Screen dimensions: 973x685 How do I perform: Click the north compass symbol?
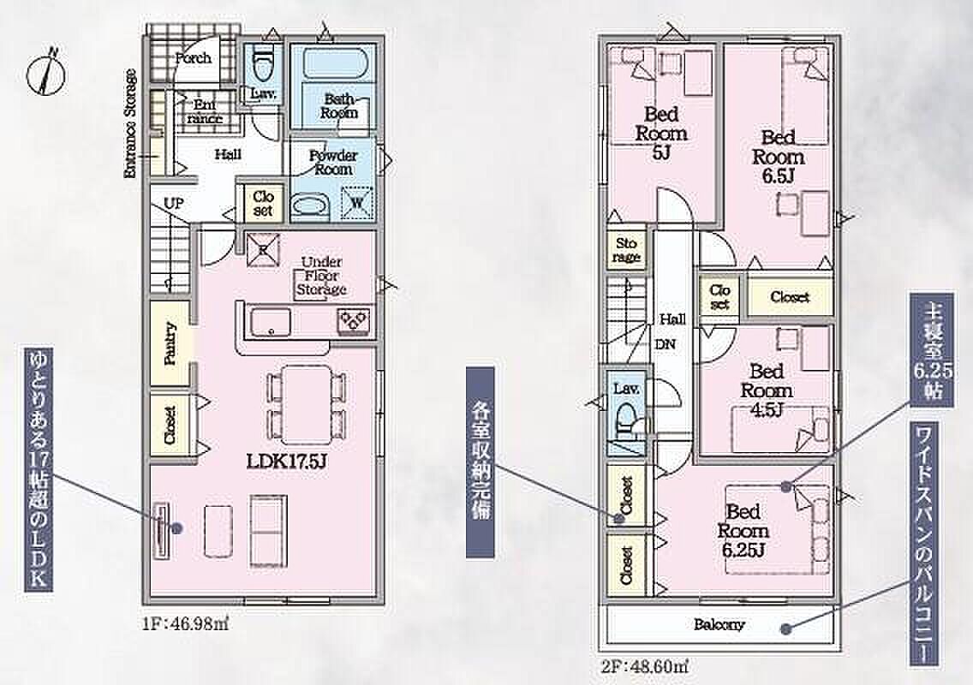(46, 71)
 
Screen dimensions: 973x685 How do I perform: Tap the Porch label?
(193, 58)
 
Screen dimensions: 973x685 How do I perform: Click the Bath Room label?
(339, 105)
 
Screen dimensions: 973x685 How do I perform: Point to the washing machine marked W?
(357, 202)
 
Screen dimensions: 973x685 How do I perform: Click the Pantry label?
(170, 343)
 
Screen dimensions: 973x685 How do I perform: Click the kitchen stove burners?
(354, 321)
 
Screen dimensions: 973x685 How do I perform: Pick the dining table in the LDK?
(307, 404)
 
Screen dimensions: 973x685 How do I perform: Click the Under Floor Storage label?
(321, 276)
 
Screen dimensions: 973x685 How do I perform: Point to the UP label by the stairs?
(173, 203)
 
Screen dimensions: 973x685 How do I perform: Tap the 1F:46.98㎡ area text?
(186, 623)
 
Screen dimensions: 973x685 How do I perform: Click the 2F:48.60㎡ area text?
(644, 667)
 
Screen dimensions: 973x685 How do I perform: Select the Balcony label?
(719, 624)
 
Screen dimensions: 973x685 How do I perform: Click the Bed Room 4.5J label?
(767, 390)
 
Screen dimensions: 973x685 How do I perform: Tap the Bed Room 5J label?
(661, 133)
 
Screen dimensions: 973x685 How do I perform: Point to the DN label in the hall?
(666, 344)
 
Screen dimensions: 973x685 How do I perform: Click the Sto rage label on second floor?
(626, 250)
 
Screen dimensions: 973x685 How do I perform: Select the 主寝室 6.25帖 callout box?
(931, 350)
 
